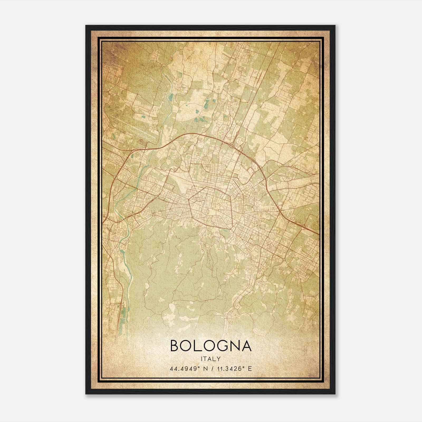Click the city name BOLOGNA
coord(211,346)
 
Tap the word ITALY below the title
coord(211,359)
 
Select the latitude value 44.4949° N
coord(188,368)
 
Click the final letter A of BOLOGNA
coord(246,346)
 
